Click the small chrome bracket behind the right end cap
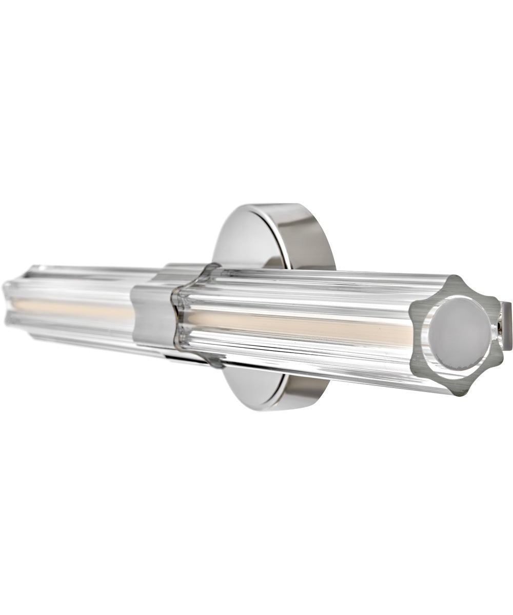click(506, 326)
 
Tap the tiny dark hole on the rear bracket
click(501, 325)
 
